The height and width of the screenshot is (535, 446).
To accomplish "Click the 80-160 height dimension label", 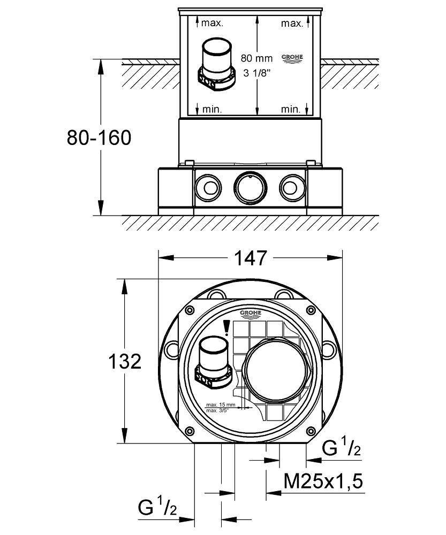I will click(x=99, y=137).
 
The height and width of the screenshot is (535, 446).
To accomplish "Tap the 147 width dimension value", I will click(x=251, y=258).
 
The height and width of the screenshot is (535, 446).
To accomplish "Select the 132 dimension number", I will click(x=124, y=362).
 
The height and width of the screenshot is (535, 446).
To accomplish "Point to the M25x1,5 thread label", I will click(x=323, y=482).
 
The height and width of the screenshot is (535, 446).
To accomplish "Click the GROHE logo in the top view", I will click(x=250, y=314).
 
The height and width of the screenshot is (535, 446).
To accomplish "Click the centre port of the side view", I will click(x=250, y=186).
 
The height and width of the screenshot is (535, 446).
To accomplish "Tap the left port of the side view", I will click(x=208, y=186).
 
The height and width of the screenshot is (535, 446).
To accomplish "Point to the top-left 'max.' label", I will click(x=212, y=23).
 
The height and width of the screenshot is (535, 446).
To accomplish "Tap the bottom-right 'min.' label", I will click(x=291, y=109).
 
